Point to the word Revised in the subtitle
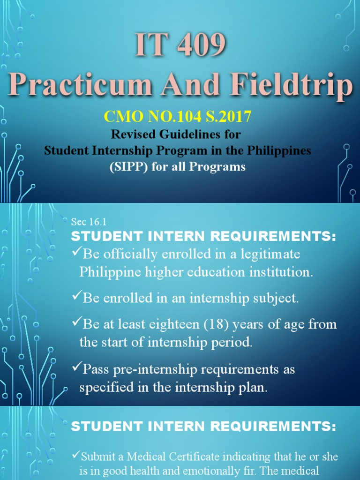tap(132, 135)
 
